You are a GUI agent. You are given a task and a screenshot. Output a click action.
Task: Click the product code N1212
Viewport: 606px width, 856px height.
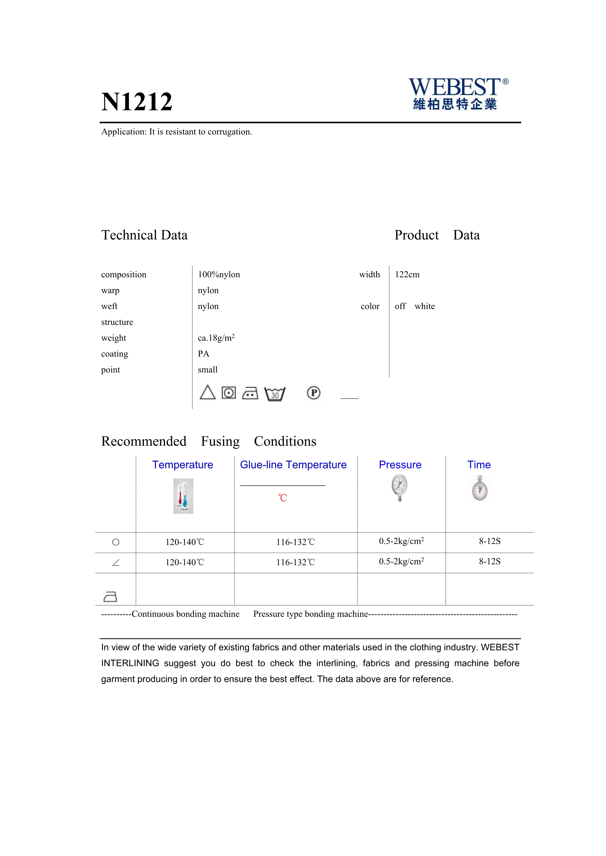(137, 102)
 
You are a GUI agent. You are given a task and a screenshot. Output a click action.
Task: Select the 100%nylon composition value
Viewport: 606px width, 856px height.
(219, 275)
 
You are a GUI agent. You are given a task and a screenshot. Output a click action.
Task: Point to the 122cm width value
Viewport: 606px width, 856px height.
(407, 275)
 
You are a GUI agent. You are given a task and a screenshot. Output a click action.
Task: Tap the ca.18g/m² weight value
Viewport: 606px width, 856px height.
(216, 338)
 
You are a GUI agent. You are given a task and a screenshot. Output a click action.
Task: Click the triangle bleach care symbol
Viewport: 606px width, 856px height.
(207, 392)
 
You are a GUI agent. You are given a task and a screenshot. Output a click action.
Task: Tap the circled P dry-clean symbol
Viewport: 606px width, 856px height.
(314, 393)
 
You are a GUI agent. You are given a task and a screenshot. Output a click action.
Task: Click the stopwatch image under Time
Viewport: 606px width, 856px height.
(480, 488)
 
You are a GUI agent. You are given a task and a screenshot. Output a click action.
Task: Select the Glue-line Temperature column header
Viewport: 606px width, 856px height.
(293, 465)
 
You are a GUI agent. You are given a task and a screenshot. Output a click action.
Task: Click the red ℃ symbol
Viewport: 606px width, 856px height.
(282, 498)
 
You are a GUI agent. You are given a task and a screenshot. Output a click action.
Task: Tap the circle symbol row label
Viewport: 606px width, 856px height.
(116, 542)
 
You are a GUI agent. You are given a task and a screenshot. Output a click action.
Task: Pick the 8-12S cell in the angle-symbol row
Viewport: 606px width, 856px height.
(490, 562)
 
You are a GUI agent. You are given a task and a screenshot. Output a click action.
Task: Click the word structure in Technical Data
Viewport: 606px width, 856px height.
(117, 322)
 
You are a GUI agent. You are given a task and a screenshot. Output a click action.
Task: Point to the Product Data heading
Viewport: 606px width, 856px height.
(437, 235)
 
